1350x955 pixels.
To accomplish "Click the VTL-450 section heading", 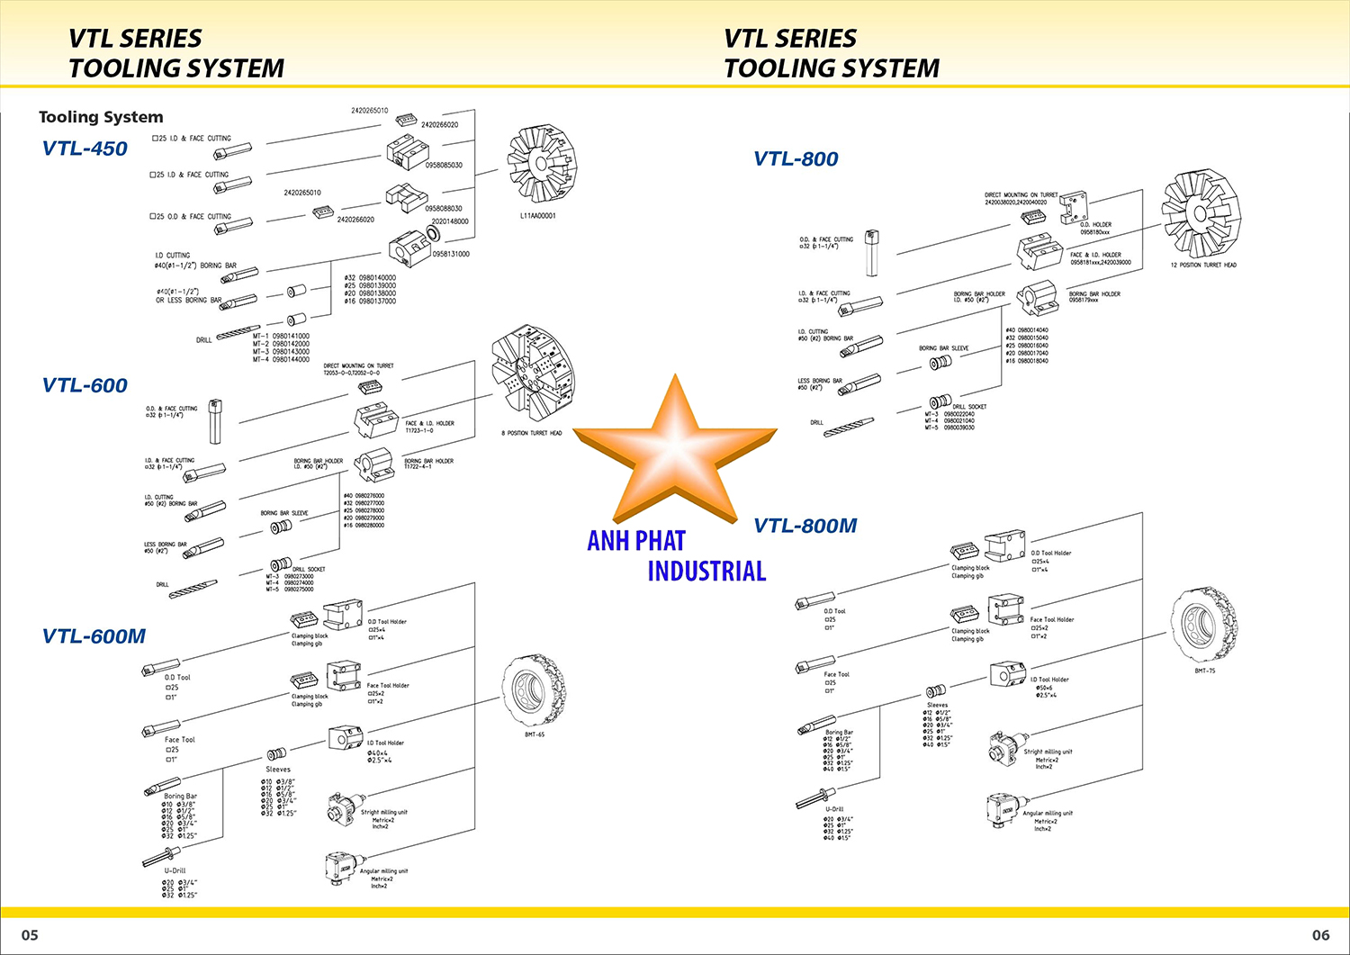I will click(85, 149).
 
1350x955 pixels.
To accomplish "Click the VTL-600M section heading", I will click(94, 636).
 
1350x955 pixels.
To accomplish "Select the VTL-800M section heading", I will click(805, 526).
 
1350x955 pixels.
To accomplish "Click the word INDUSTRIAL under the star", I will click(706, 571).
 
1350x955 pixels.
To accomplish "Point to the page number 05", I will click(30, 935).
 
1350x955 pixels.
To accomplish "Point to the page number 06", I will click(1320, 935).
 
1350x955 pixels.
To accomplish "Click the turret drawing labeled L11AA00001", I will click(541, 166).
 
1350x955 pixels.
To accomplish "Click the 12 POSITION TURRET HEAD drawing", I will click(1200, 215).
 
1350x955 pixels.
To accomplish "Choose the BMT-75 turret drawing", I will click(1203, 626).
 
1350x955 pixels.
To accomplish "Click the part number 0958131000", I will click(451, 254).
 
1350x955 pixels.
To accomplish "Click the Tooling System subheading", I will click(101, 117).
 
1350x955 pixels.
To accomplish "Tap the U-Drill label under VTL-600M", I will click(175, 871).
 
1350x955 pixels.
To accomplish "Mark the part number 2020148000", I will click(450, 221).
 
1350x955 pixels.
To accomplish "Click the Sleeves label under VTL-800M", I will click(937, 706).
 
